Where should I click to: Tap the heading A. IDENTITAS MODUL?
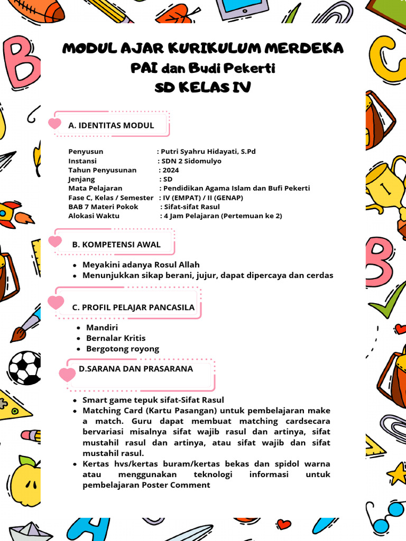(x=111, y=125)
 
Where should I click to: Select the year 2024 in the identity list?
(x=171, y=170)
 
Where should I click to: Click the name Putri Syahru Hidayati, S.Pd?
(x=208, y=151)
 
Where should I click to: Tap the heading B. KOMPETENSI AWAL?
(x=116, y=244)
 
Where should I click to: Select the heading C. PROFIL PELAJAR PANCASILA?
(x=133, y=307)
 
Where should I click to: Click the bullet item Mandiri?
(x=102, y=328)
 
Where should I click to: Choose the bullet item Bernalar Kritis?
(x=116, y=338)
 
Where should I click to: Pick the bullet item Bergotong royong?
(x=123, y=349)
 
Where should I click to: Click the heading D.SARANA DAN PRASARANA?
(x=136, y=369)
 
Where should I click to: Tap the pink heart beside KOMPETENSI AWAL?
(x=55, y=242)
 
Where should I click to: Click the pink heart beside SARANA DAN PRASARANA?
(x=67, y=375)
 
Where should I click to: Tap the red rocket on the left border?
(x=13, y=213)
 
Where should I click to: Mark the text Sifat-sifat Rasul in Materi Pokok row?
(x=192, y=207)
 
